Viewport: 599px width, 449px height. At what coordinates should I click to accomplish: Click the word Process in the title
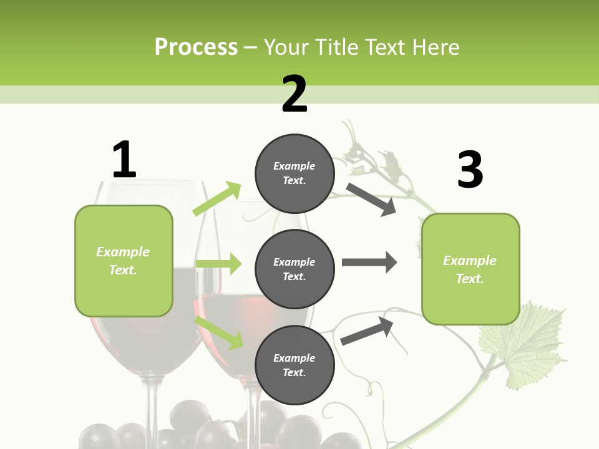tap(196, 47)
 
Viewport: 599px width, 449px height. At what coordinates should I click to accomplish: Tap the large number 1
tap(124, 160)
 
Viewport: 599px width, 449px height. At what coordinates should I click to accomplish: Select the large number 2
tap(295, 94)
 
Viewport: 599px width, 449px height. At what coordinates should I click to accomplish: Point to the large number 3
tap(470, 170)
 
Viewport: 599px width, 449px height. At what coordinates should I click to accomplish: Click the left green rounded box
tap(124, 261)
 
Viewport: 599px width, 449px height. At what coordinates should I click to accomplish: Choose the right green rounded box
tap(470, 269)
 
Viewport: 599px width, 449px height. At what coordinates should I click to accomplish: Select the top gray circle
tap(295, 173)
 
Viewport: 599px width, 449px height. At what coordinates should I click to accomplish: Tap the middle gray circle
tap(295, 269)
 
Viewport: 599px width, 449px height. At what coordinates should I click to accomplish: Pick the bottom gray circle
tap(295, 365)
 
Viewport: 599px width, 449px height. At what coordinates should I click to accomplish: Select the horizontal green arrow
tap(219, 264)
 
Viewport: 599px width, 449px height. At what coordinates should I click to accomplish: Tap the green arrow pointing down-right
tap(219, 332)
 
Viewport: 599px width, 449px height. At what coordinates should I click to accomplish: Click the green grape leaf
tap(523, 343)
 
